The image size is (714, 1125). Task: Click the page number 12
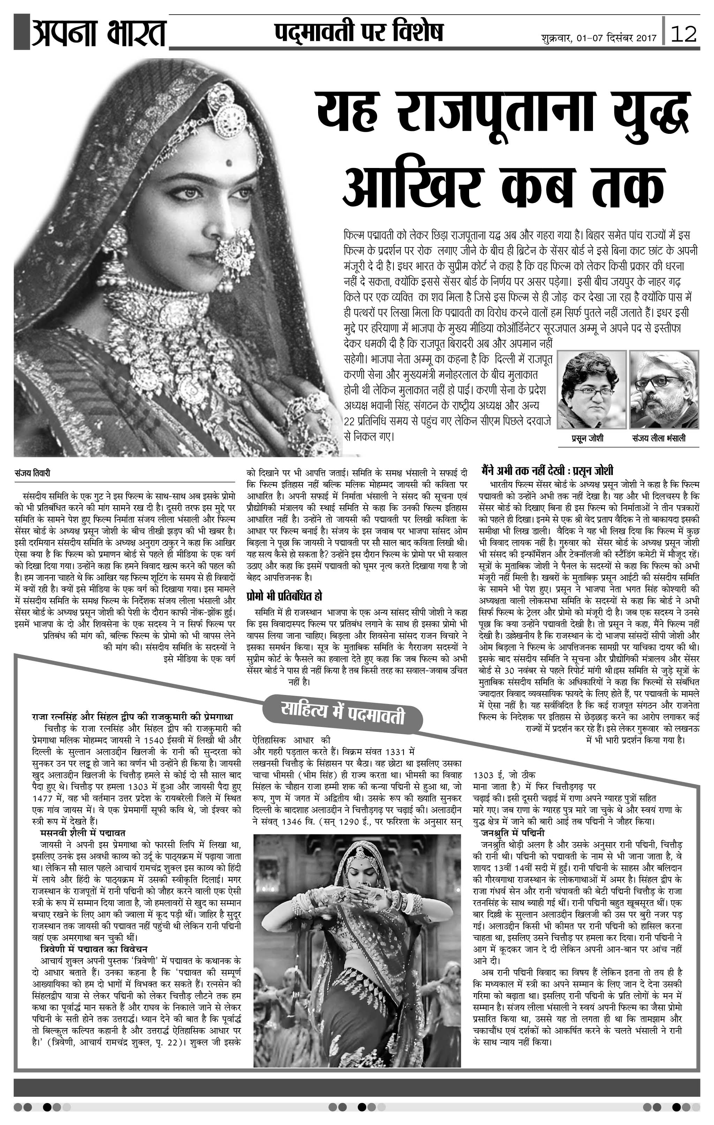(x=683, y=34)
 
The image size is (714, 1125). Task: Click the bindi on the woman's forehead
(x=229, y=163)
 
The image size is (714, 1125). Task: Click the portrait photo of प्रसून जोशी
(x=591, y=390)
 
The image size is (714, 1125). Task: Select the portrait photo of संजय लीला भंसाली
(x=664, y=390)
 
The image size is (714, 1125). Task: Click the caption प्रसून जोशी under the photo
(x=587, y=438)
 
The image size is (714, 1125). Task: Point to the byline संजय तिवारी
(x=32, y=473)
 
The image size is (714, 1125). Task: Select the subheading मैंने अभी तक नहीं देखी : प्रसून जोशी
(x=547, y=470)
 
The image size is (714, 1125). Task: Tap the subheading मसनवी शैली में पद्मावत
(x=82, y=833)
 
